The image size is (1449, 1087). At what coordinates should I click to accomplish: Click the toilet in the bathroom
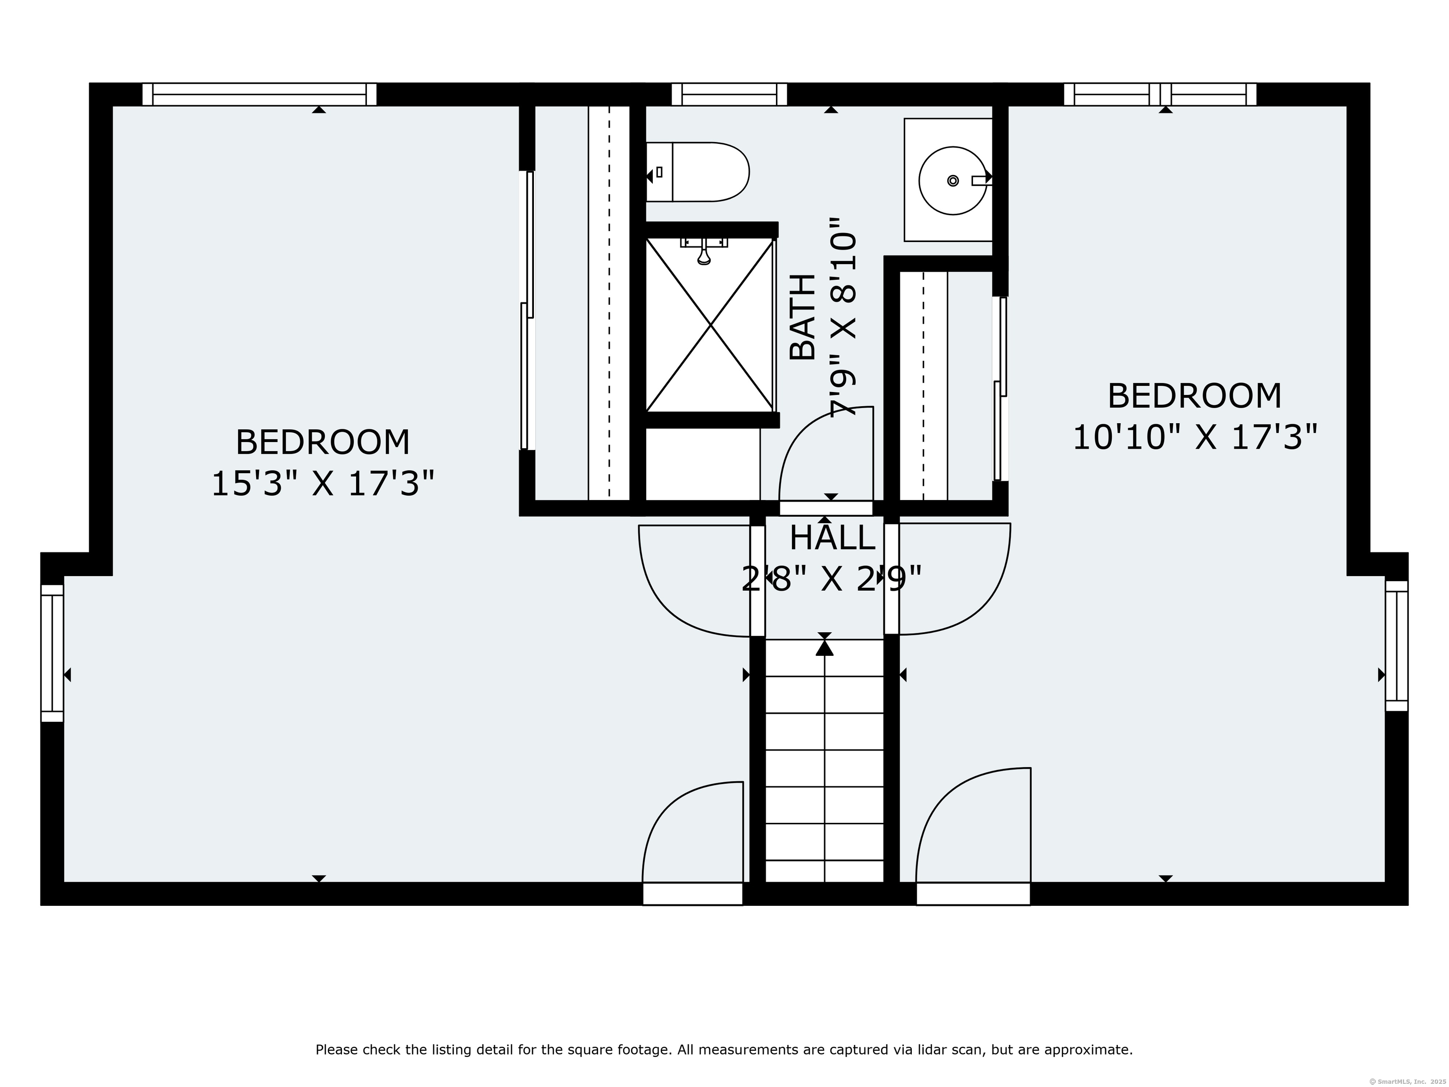click(x=698, y=172)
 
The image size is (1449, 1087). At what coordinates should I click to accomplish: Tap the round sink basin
click(x=953, y=181)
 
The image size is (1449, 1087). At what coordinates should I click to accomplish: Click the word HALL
click(x=832, y=538)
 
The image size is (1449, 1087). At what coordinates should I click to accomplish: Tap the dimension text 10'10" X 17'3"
click(x=1194, y=437)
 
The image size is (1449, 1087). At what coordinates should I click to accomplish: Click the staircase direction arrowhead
click(x=824, y=647)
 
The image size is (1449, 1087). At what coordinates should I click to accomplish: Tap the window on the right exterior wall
click(x=1396, y=645)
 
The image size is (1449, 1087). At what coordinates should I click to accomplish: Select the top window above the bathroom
click(x=729, y=94)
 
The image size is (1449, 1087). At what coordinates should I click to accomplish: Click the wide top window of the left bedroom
click(x=259, y=94)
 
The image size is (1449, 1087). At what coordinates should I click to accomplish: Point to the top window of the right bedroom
click(x=1160, y=94)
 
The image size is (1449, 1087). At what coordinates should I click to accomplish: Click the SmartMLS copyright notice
click(x=1408, y=1080)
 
